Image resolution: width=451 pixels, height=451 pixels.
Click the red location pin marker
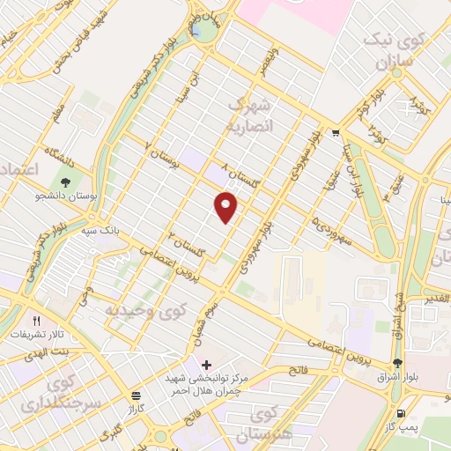pyautogui.click(x=227, y=207)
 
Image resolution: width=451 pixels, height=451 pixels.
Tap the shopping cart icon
pyautogui.click(x=336, y=134)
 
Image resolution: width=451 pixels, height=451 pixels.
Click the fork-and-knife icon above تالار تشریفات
pyautogui.click(x=36, y=322)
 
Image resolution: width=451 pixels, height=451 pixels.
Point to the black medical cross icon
pyautogui.click(x=206, y=365)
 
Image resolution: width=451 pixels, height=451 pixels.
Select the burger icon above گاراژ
pyautogui.click(x=135, y=396)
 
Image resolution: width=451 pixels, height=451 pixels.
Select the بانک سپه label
pyautogui.click(x=101, y=230)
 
